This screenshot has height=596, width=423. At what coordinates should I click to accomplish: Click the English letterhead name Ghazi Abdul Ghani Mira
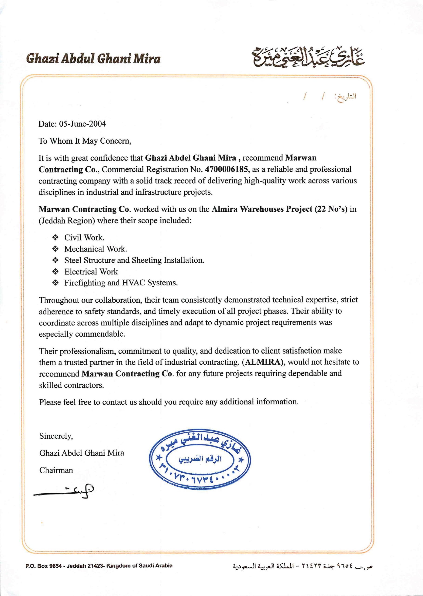tap(93, 59)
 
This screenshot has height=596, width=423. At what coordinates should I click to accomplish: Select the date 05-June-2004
tap(83, 124)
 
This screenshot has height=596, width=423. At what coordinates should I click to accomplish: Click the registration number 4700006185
tap(226, 169)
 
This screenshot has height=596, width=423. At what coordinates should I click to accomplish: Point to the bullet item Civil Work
tap(84, 237)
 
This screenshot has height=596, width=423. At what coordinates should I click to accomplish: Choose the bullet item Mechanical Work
tap(96, 249)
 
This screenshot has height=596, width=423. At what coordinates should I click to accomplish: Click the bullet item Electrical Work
tap(91, 272)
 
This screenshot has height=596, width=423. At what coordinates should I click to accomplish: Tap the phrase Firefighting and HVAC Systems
tap(121, 283)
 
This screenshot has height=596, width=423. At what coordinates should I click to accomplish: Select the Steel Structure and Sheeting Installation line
tap(134, 260)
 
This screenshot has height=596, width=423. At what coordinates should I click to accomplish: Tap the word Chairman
tap(56, 470)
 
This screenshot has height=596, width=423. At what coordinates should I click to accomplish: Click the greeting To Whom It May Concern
tap(85, 141)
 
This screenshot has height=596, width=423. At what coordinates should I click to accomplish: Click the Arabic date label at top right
tap(347, 97)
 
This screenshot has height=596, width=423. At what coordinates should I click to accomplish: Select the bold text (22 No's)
tap(331, 209)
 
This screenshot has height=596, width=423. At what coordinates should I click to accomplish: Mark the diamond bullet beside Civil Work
tap(55, 237)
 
